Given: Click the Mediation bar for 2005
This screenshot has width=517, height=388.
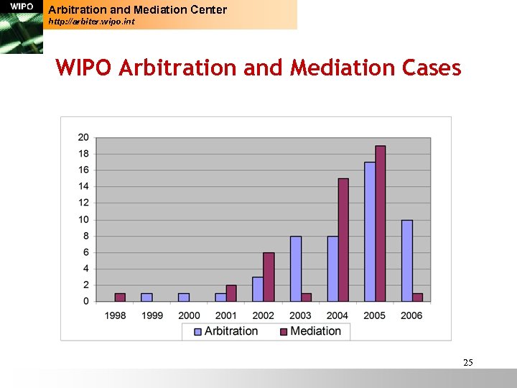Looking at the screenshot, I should click(x=381, y=223).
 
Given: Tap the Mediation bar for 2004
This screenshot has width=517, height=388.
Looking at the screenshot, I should click(x=343, y=240).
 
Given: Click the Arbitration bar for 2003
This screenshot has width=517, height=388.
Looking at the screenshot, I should click(x=296, y=269).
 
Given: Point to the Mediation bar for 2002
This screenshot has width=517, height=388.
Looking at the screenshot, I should click(x=269, y=277).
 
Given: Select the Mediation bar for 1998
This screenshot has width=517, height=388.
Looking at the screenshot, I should click(x=120, y=297).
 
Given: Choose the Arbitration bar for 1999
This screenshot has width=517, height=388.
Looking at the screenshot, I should click(x=146, y=297).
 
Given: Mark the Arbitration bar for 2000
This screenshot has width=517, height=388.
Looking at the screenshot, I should click(x=184, y=297).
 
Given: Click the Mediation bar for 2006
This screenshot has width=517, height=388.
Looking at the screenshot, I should click(x=418, y=297).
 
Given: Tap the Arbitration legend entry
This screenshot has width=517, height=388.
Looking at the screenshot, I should click(x=225, y=331).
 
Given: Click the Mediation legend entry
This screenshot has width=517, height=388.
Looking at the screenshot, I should click(x=309, y=331).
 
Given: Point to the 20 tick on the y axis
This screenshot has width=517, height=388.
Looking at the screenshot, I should click(x=83, y=137).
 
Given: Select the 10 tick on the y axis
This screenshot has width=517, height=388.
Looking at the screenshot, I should click(x=83, y=219).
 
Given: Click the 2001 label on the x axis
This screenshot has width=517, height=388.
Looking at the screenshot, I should click(x=226, y=315).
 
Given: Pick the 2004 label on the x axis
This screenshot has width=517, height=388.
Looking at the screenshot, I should click(x=337, y=315).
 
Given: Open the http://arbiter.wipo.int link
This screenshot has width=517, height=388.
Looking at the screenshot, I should click(x=91, y=22).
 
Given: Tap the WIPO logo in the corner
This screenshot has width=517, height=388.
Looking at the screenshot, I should click(x=21, y=27).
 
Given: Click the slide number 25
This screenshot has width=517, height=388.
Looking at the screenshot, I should click(x=467, y=363).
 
